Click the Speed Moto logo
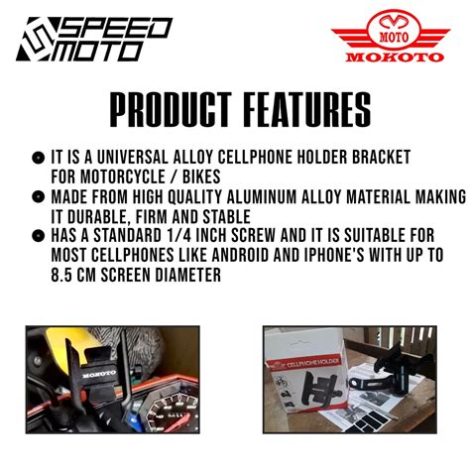point(94,39)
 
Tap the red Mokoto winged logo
point(391,36)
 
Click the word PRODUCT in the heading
point(171,110)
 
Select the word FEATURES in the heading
point(307,110)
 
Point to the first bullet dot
point(38,158)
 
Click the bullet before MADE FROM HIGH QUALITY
point(38,197)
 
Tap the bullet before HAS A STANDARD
point(38,236)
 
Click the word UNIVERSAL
point(133,158)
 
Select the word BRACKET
point(381,158)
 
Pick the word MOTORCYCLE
point(123,176)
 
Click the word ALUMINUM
point(262,197)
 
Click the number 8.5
point(61,275)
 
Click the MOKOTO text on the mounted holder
point(99,375)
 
